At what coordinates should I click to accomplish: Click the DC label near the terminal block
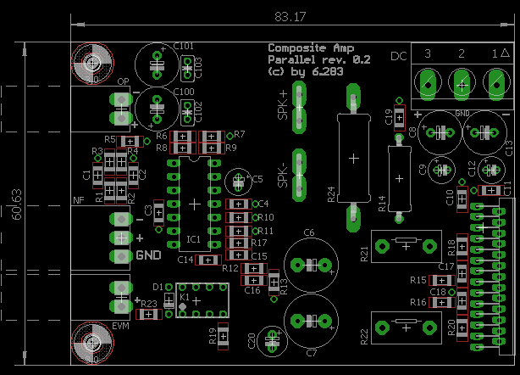(398, 56)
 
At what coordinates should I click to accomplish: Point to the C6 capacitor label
(309, 232)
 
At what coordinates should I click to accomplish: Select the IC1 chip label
(194, 239)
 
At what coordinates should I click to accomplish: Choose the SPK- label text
(283, 175)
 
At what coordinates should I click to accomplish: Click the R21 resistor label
(363, 252)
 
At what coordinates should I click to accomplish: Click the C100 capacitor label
(183, 91)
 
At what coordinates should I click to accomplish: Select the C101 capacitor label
(183, 46)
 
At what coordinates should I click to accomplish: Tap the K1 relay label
(184, 297)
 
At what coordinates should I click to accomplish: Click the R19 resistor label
(212, 335)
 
